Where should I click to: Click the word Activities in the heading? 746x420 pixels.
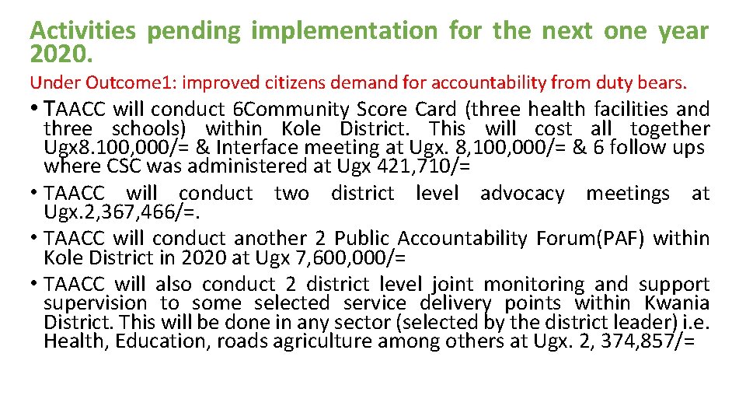[82, 31]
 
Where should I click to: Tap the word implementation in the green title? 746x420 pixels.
[344, 31]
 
